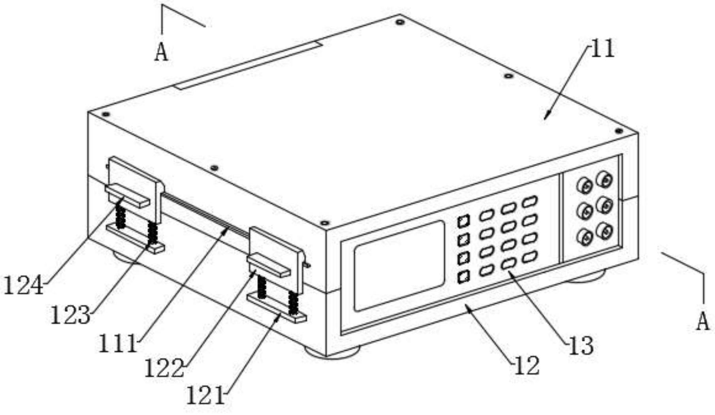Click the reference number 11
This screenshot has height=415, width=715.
[x=602, y=49]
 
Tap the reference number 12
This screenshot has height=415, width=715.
[x=527, y=366]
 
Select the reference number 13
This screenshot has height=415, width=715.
[x=581, y=346]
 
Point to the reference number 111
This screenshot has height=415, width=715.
[x=118, y=343]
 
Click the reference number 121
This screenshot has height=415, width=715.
[x=205, y=396]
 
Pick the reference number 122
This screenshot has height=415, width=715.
[x=164, y=368]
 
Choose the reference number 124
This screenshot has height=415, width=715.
[x=23, y=285]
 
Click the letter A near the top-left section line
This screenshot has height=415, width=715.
[x=161, y=52]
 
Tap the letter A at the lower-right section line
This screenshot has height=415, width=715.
[x=703, y=321]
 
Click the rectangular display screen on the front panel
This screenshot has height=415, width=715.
[x=399, y=266]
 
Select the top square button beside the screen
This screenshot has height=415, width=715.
[x=464, y=221]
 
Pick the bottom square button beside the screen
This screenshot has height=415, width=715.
[x=464, y=277]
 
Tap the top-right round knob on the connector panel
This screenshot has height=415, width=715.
[x=604, y=179]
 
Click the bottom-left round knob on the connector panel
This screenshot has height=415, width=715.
[x=584, y=237]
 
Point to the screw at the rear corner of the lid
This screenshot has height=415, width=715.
[x=400, y=22]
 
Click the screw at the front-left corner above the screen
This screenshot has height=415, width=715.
[x=324, y=223]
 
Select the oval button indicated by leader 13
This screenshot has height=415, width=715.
[x=508, y=264]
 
